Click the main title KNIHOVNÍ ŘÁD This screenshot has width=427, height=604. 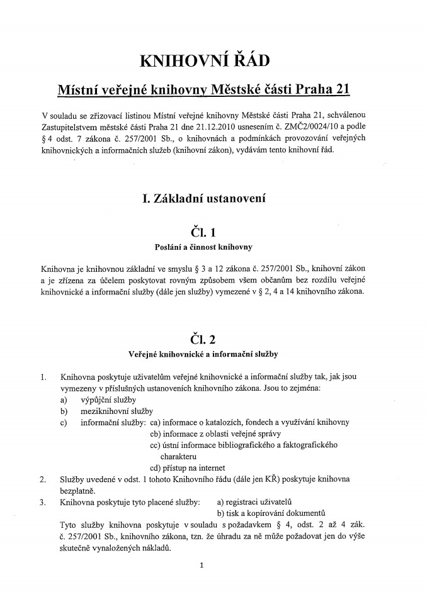click(204, 60)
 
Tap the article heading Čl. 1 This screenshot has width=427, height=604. click(204, 233)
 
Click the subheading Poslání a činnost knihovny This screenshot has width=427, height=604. click(204, 247)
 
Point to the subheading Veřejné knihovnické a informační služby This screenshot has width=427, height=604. click(204, 354)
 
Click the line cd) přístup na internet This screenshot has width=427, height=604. click(187, 467)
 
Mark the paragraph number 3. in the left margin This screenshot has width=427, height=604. click(43, 501)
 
